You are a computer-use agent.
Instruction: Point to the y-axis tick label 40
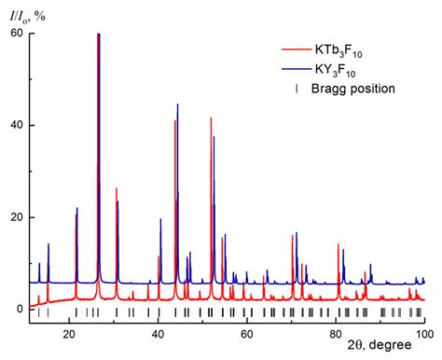pos(15,125)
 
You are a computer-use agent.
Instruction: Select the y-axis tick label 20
pos(15,217)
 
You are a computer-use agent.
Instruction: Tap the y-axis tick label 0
pos(19,309)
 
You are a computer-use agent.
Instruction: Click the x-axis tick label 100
pos(422,334)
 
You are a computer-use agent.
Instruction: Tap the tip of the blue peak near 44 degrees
pos(178,104)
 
